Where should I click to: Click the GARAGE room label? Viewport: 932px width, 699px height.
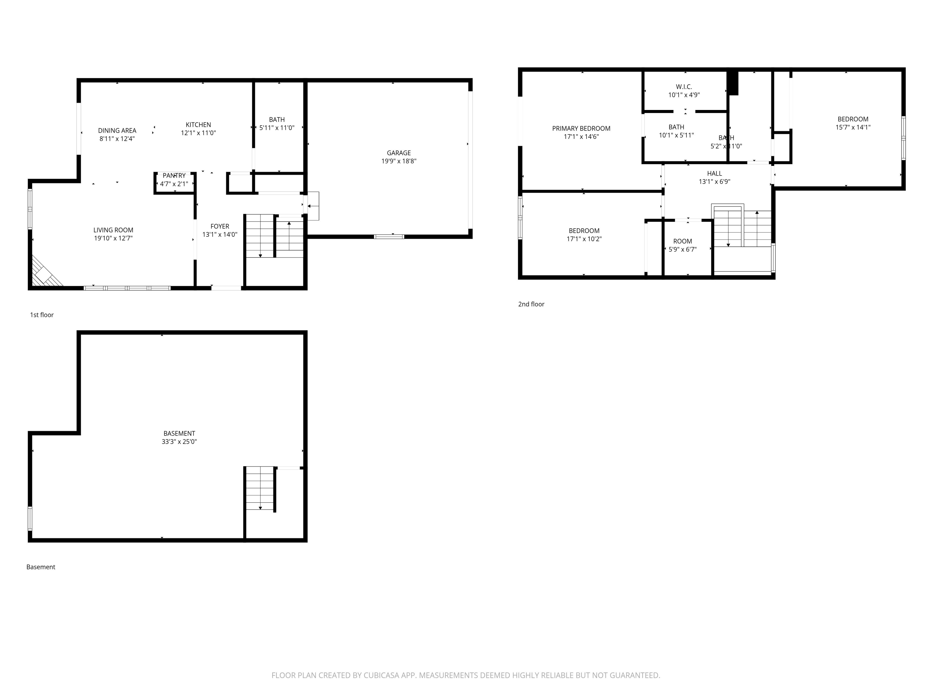click(x=399, y=153)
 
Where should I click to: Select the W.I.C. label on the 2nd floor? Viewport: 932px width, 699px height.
click(x=684, y=87)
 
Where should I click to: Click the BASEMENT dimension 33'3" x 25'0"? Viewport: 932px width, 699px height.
click(x=179, y=441)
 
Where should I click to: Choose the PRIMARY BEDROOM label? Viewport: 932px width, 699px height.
click(x=581, y=129)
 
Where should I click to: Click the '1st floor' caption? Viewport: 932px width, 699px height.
click(x=42, y=315)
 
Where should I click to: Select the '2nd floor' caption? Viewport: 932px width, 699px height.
click(x=531, y=304)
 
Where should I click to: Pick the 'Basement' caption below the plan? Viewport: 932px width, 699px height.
click(x=40, y=567)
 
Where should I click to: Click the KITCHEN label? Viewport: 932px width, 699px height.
click(x=198, y=125)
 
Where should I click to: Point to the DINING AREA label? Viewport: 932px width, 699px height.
click(x=117, y=130)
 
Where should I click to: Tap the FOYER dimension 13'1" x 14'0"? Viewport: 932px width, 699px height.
click(x=220, y=235)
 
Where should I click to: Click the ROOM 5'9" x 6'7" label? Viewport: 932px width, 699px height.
click(x=683, y=241)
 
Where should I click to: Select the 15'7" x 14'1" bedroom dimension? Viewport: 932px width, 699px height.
click(x=853, y=127)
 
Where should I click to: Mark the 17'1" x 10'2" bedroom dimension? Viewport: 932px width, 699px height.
click(x=584, y=239)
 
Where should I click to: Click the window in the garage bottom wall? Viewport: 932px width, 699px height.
click(x=389, y=237)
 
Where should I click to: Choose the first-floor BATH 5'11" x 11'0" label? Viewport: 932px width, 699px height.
click(x=277, y=120)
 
